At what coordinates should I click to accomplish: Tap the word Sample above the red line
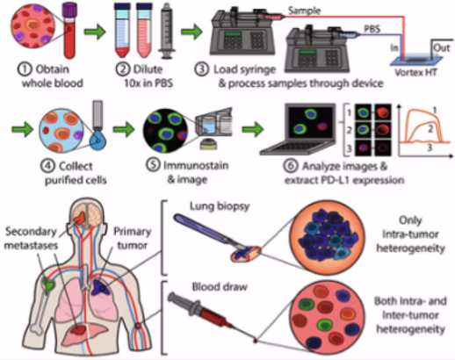pos(304,11)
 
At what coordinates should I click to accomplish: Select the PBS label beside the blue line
pos(372,29)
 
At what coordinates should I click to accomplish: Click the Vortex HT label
pos(415,72)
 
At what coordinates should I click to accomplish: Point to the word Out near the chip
pos(441,48)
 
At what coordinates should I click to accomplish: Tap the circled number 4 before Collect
pos(47,166)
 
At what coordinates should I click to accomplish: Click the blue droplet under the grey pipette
pos(98,140)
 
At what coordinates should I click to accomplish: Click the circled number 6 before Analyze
pos(290,166)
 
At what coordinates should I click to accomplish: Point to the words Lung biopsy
pos(220,206)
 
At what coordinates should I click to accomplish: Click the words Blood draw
pos(220,287)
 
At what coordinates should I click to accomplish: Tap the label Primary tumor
pos(132,239)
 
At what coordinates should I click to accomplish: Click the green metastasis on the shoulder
pos(48,287)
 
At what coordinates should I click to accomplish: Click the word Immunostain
pos(196,166)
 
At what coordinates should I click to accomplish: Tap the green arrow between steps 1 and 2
pos(95,32)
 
